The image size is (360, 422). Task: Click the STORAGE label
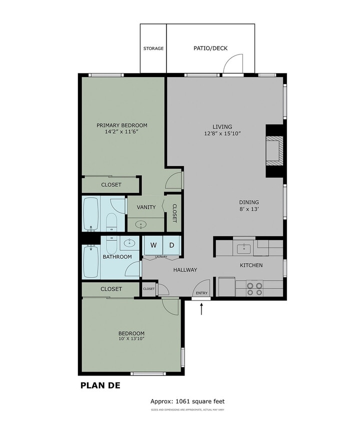click(153, 48)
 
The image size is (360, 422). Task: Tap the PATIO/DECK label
click(210, 48)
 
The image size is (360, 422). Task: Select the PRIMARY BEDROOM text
click(122, 125)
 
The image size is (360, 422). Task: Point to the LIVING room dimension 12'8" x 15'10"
click(222, 133)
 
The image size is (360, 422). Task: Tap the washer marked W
click(153, 245)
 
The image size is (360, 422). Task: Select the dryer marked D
click(171, 245)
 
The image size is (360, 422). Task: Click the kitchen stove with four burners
click(255, 288)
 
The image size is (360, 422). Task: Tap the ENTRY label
click(201, 293)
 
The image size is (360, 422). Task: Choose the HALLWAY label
click(185, 270)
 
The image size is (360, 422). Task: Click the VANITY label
click(146, 207)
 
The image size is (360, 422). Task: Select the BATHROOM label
click(117, 257)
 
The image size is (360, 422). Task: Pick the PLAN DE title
click(100, 385)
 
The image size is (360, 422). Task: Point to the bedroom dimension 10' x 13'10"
click(131, 339)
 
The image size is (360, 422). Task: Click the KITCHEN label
click(251, 265)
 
